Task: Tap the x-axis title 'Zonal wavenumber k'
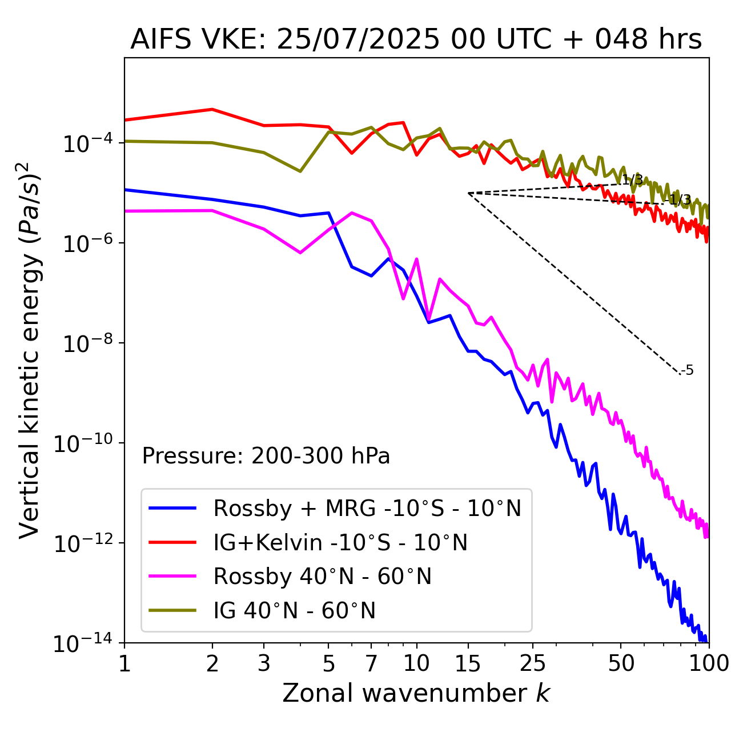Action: (416, 693)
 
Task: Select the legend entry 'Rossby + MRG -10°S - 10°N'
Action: (367, 508)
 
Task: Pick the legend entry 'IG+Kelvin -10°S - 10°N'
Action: (340, 542)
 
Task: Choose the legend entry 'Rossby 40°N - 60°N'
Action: (322, 577)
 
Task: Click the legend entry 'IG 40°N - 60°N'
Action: (294, 611)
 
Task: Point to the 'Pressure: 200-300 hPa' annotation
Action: (266, 456)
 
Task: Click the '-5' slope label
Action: (688, 370)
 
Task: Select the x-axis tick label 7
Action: (371, 663)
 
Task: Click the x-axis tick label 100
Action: (708, 663)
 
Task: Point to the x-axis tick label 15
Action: (468, 663)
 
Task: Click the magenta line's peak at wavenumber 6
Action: (352, 213)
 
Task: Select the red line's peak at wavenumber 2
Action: (212, 109)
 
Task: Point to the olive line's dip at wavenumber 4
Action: (300, 171)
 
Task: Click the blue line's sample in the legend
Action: (172, 508)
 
